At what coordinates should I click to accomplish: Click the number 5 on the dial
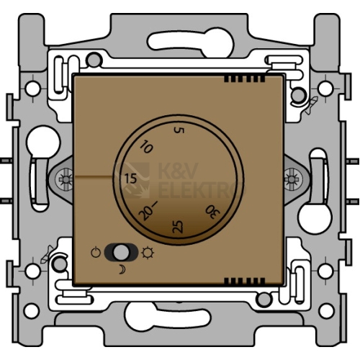click(x=179, y=130)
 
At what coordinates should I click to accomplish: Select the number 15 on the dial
click(x=130, y=179)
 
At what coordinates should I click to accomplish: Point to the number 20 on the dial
click(x=145, y=212)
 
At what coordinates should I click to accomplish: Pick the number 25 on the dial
click(x=178, y=227)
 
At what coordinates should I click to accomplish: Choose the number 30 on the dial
click(x=212, y=212)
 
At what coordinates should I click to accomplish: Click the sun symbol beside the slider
click(x=148, y=253)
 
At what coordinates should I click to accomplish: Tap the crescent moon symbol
click(x=122, y=269)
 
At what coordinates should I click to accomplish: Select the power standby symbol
click(x=96, y=253)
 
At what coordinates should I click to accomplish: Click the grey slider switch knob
click(x=120, y=252)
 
